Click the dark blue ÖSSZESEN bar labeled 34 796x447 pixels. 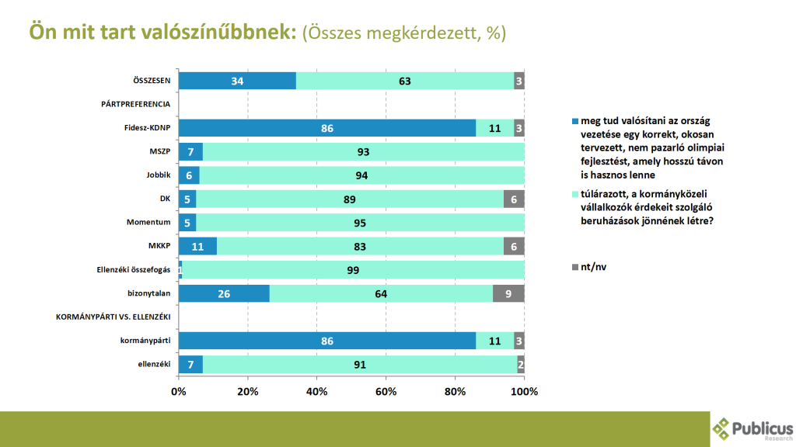point(238,81)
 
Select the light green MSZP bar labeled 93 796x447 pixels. point(364,151)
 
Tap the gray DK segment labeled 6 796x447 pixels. point(514,199)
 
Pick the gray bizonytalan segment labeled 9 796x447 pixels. point(508,293)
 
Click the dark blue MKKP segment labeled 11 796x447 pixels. point(197,246)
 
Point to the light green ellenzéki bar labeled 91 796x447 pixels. point(360,365)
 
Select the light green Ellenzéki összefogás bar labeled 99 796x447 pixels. point(354,270)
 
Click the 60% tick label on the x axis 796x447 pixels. point(386,392)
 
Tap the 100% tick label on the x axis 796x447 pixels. point(524,392)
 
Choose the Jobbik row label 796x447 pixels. point(159,175)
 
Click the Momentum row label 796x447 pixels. point(148,222)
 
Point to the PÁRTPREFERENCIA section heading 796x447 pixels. point(135,104)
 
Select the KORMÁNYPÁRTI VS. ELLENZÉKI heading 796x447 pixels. point(113,317)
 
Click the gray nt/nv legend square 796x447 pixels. point(575,267)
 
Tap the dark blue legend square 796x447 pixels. point(575,121)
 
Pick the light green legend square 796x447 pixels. point(575,194)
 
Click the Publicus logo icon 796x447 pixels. point(721,428)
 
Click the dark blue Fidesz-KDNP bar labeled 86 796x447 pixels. point(327,128)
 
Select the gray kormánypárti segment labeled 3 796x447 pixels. point(518,341)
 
